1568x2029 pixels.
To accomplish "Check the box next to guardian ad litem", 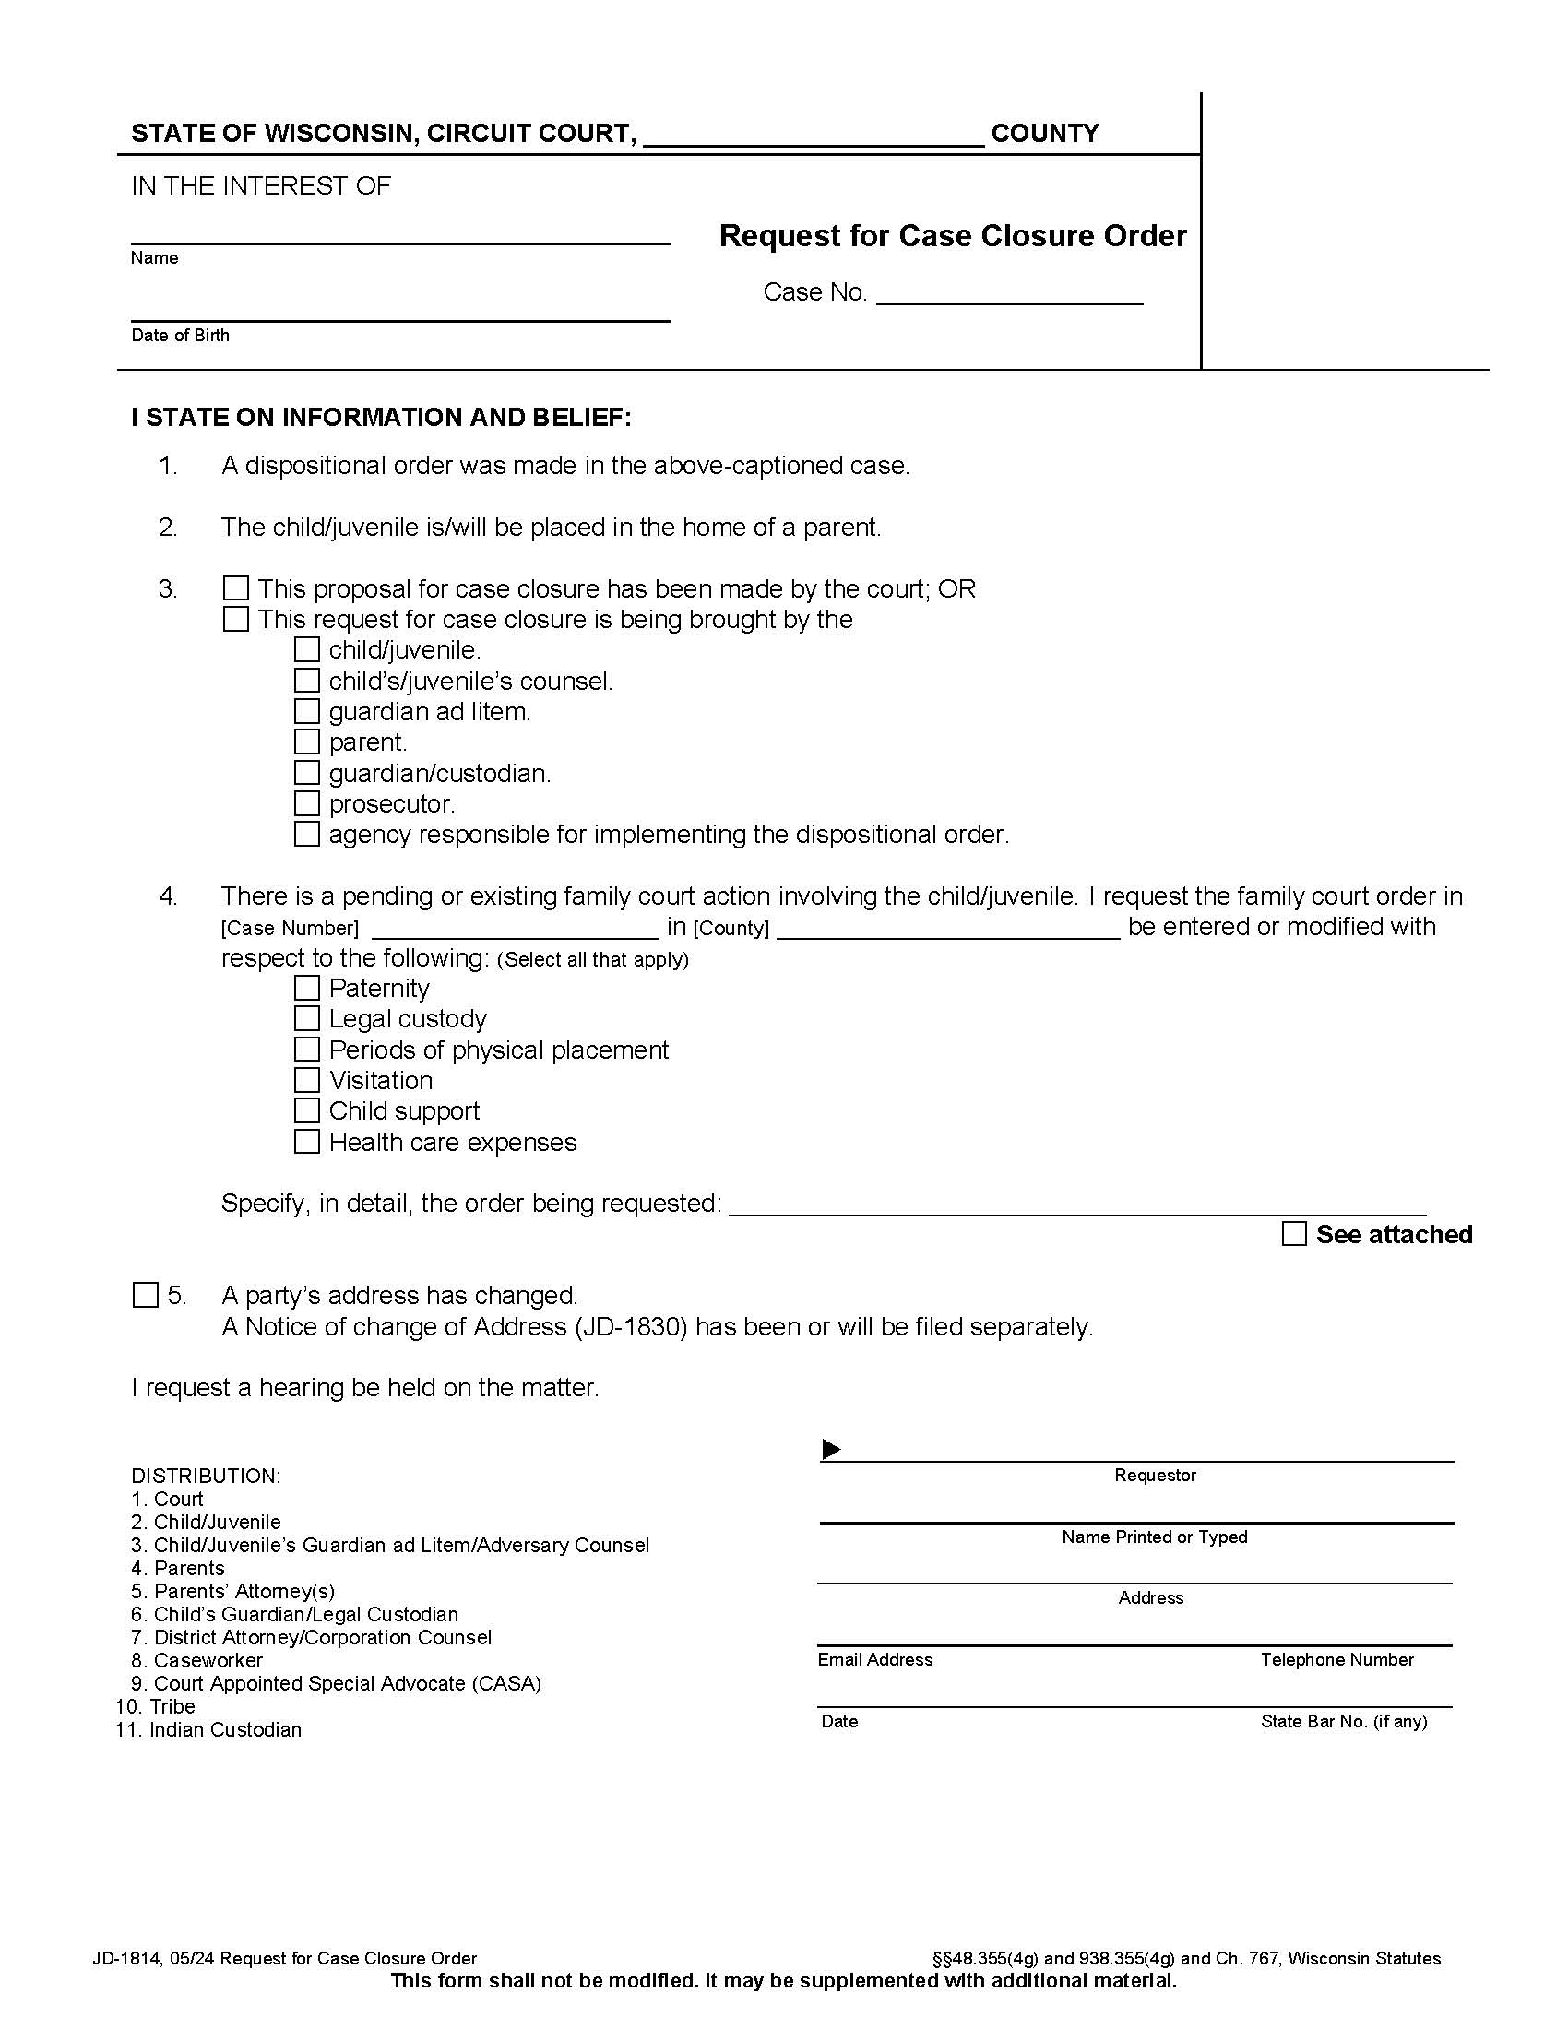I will (306, 712).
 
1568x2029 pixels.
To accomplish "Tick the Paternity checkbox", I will (306, 988).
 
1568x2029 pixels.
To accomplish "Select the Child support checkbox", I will (306, 1110).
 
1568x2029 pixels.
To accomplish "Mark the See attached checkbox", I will (1294, 1234).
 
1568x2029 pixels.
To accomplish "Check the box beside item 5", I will (146, 1295).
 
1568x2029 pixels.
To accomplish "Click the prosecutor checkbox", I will (306, 803).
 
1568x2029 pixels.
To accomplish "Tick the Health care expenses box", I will (306, 1142).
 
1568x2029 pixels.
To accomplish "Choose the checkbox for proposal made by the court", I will (236, 588).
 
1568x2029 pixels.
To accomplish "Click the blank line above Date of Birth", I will (399, 312).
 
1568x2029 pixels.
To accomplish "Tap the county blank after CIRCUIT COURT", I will (813, 137).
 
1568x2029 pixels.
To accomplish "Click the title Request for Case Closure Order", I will (953, 236).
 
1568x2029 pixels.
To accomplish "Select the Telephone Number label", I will (1336, 1660).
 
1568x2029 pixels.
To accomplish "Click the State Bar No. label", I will (1343, 1722).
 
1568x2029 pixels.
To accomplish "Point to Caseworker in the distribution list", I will (208, 1660).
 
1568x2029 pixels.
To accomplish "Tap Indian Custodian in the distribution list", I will (225, 1730).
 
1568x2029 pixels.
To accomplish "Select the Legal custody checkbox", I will (306, 1018).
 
